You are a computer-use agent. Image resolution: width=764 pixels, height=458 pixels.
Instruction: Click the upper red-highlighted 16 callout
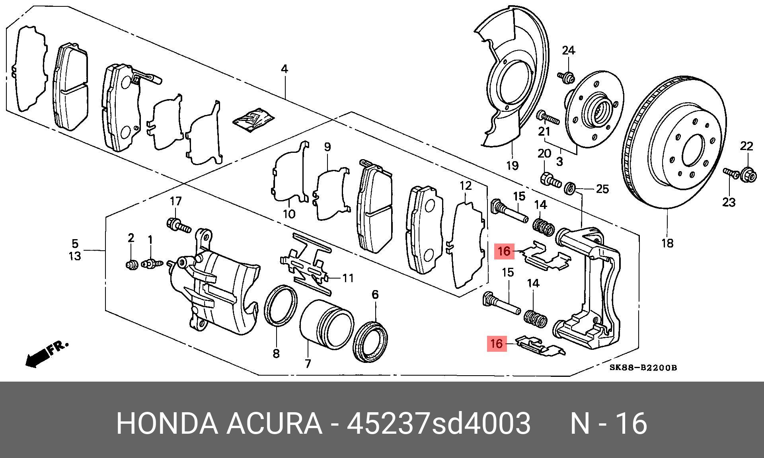504,251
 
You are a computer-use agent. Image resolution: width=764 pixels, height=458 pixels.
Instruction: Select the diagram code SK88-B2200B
643,368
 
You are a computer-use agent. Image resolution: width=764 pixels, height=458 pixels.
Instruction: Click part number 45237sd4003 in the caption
439,423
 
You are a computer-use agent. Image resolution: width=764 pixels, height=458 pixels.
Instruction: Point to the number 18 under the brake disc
667,243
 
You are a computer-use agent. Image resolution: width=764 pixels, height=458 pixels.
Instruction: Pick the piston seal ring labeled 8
281,305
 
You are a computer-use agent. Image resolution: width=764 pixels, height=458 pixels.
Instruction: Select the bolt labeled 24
567,76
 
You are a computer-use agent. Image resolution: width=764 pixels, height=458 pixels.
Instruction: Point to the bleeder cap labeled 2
132,264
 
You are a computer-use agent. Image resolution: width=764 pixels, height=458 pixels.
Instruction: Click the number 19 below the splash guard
512,165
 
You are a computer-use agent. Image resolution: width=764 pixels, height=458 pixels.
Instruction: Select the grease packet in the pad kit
253,119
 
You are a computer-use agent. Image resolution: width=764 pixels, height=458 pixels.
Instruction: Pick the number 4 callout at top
284,69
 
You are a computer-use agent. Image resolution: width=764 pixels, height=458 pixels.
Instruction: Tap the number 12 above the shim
466,185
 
